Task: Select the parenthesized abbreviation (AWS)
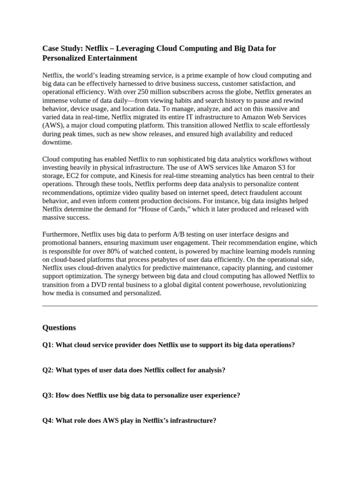(53, 126)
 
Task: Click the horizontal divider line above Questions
(180, 306)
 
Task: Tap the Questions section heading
(59, 328)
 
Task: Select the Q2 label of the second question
(48, 370)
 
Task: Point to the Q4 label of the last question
(48, 421)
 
